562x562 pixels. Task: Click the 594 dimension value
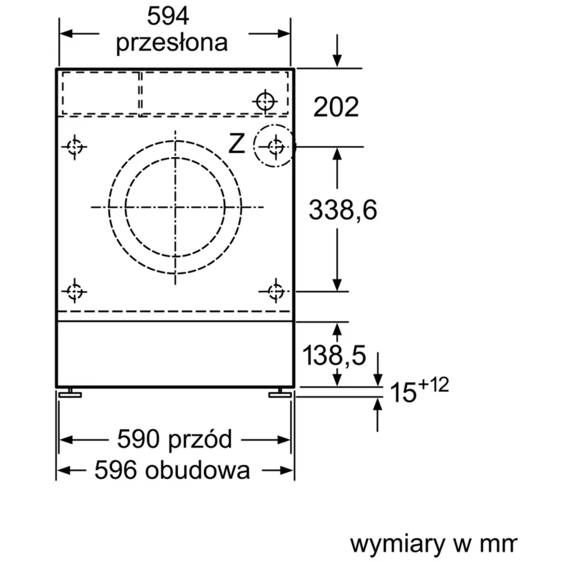[168, 16]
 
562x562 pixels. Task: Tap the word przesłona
[171, 43]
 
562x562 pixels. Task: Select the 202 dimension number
[336, 107]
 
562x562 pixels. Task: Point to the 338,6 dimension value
[343, 210]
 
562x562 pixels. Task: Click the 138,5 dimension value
[334, 355]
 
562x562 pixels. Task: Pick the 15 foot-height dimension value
[403, 392]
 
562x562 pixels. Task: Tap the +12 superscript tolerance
[433, 385]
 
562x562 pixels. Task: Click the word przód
[200, 438]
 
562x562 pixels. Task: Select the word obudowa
[197, 470]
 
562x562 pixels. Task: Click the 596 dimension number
[115, 470]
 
